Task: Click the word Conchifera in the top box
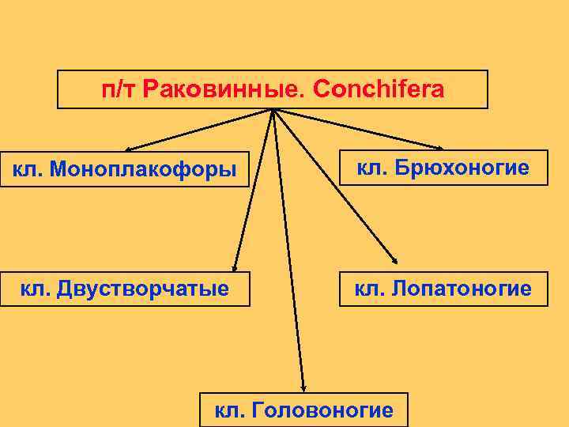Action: [379, 90]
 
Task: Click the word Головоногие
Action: [320, 410]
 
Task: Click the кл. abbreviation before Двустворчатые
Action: [36, 289]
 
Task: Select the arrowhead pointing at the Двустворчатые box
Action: [235, 267]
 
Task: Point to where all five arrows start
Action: [273, 111]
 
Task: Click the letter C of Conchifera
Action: [320, 90]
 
